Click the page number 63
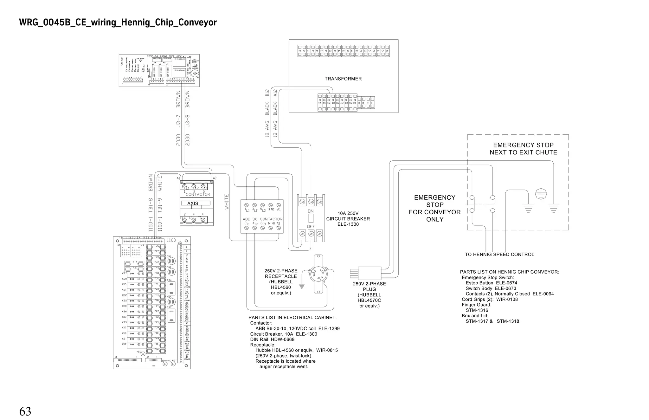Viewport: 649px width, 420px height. (25, 411)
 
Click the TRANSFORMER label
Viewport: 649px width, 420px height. (343, 79)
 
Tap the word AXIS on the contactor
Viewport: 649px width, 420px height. (193, 204)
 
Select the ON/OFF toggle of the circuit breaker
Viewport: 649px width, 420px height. (311, 218)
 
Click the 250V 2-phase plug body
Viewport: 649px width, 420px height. (369, 273)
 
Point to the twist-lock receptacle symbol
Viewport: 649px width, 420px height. (318, 274)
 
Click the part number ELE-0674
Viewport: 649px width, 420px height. (506, 283)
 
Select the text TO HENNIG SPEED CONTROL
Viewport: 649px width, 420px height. (499, 255)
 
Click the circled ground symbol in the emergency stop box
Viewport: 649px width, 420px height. (541, 194)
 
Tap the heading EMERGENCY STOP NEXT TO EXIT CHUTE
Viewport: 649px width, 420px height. (523, 149)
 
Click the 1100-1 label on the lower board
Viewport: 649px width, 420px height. (174, 240)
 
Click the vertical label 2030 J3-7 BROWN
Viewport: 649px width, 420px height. (178, 118)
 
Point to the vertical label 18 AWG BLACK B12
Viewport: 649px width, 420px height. (267, 113)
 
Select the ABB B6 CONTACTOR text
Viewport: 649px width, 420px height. (262, 219)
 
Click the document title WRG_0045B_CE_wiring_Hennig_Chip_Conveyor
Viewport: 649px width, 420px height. (118, 23)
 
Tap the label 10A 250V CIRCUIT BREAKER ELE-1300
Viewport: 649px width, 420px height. (348, 219)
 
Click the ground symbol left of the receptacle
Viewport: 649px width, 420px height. (302, 286)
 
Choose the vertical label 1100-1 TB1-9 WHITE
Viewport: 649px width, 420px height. (160, 203)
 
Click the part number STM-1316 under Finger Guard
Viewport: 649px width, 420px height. (477, 310)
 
